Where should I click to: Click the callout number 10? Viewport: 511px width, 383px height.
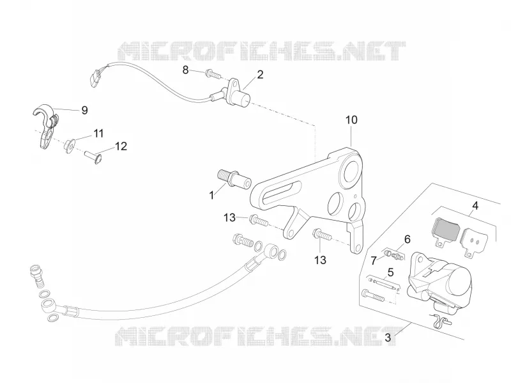point(351,120)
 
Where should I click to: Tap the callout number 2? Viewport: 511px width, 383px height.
point(260,75)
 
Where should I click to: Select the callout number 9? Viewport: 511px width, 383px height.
point(84,110)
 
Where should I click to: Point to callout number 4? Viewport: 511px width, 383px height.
point(475,206)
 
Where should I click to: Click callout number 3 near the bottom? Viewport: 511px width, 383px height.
point(388,338)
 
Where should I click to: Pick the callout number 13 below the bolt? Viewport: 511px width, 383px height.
point(321,260)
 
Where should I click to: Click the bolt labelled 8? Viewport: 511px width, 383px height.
point(213,74)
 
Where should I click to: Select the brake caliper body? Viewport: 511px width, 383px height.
point(438,280)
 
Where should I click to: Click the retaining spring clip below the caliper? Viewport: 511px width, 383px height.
point(441,320)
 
